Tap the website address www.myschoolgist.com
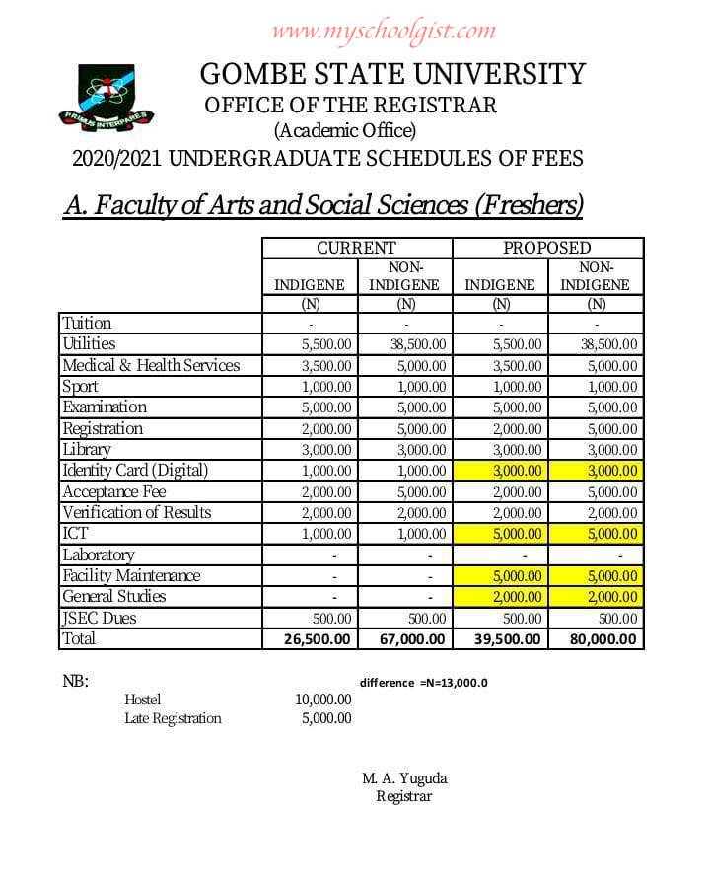coord(384,31)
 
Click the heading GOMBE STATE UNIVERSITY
coord(392,74)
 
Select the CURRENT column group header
coord(356,248)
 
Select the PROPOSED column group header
coord(547,248)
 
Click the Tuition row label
coord(87,324)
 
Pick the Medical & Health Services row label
coord(151,366)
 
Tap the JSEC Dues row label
coord(100,619)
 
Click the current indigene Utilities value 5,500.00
coord(325,345)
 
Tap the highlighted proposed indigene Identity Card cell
coord(502,472)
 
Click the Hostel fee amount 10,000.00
coord(323,700)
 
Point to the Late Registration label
coord(173,718)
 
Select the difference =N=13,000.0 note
coord(424,683)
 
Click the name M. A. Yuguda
coord(404,778)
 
